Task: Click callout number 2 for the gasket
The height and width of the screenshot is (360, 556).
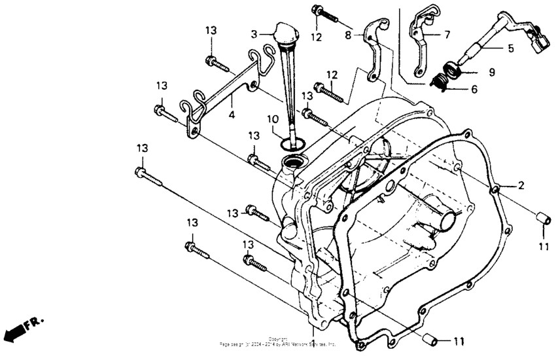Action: pyautogui.click(x=521, y=186)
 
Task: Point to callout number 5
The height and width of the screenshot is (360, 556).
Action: pyautogui.click(x=511, y=48)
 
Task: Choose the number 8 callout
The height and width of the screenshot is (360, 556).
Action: pyautogui.click(x=348, y=33)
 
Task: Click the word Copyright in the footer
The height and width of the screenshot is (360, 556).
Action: pyautogui.click(x=278, y=338)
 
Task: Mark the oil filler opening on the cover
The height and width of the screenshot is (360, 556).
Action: pyautogui.click(x=292, y=162)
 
